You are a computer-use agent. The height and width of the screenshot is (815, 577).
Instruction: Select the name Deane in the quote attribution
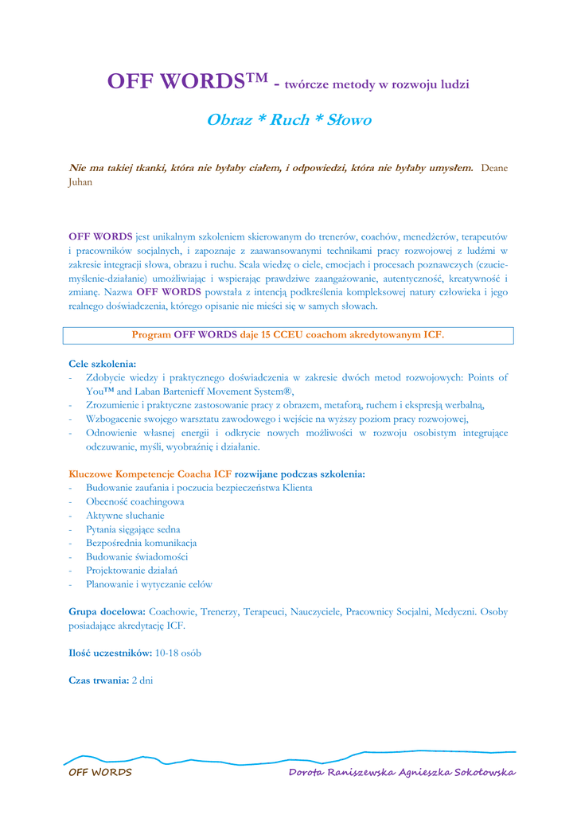coord(494,167)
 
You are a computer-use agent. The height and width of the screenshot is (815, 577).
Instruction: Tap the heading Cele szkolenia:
coord(103,363)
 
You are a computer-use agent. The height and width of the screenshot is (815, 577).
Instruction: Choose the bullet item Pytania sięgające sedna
coord(133,529)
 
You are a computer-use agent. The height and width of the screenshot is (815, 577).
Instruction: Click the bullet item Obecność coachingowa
coord(135,502)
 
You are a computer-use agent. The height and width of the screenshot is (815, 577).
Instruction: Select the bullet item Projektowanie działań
coord(131,570)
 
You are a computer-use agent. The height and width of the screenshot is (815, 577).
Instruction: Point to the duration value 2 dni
coord(142,680)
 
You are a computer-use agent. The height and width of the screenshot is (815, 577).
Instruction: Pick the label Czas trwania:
coord(99,680)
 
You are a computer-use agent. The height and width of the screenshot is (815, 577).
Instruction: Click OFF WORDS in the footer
coord(100,772)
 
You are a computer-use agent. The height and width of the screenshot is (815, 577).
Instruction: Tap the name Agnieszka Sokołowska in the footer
coord(457,772)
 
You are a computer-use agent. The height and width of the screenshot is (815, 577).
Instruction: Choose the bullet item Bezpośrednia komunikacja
coord(142,543)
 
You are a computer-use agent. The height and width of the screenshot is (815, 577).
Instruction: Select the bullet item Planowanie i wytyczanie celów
coord(149,583)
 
